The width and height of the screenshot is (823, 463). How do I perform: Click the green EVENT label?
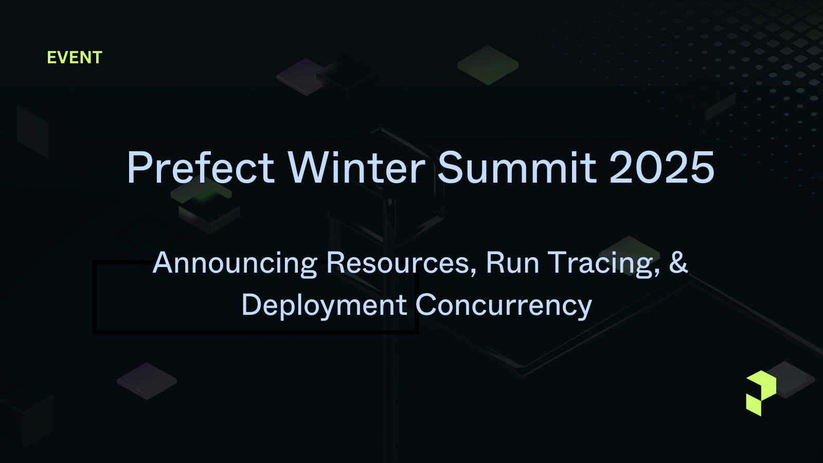click(75, 58)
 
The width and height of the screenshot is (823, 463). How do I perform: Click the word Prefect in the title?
click(201, 167)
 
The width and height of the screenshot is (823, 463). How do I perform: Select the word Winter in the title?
click(357, 167)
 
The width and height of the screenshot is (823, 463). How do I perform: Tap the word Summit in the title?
click(517, 167)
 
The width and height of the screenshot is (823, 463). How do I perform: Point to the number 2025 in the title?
click(662, 167)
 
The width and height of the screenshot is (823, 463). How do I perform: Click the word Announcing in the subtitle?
click(235, 263)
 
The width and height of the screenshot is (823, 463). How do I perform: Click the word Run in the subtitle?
click(512, 263)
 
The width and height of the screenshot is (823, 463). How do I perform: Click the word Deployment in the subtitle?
click(325, 306)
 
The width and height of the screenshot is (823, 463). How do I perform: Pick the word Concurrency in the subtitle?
click(504, 306)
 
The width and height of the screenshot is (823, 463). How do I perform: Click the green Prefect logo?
click(761, 394)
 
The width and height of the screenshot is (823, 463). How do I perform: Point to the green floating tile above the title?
click(488, 65)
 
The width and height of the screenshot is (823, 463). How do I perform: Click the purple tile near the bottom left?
click(147, 381)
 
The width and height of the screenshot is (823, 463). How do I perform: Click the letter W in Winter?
click(309, 167)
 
